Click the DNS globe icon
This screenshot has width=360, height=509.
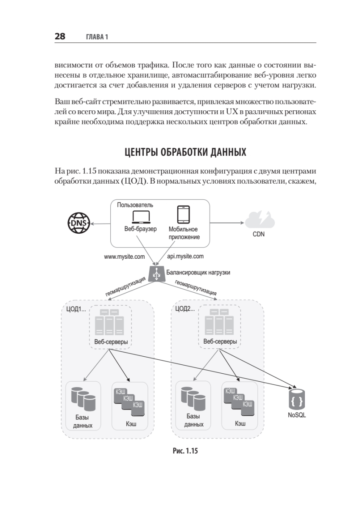tap(78, 223)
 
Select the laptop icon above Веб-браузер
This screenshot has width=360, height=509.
tap(141, 217)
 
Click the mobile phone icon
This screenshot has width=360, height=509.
tap(183, 215)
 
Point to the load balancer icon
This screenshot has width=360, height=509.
tap(156, 274)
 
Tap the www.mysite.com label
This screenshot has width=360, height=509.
tap(124, 257)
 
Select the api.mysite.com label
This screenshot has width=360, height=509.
tap(185, 257)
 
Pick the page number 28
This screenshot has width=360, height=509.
tap(60, 36)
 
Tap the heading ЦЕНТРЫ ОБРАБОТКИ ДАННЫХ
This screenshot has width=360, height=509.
tap(185, 152)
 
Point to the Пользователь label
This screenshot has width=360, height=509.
tap(135, 205)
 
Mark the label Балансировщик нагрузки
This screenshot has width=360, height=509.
tap(198, 272)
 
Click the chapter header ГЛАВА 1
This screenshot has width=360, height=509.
tap(97, 37)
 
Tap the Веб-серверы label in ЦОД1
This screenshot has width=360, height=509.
tap(111, 341)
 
